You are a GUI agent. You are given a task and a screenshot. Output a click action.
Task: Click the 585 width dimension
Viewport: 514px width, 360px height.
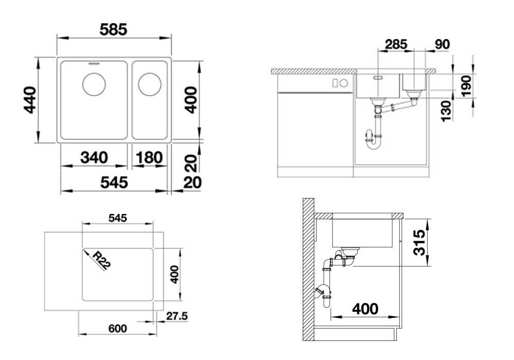point(113,30)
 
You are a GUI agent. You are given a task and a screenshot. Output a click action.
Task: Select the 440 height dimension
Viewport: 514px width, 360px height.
point(30,100)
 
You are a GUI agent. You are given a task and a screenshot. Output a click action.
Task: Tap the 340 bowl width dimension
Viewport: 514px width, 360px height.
point(94,158)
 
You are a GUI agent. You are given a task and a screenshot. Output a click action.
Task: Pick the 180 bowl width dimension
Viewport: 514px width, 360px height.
point(149,158)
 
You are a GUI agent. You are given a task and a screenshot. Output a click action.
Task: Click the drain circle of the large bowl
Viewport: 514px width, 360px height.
point(94,84)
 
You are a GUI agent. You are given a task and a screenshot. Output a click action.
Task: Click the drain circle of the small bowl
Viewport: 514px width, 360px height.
point(150,84)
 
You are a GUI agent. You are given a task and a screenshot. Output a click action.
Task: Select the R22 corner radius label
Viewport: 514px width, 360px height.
point(100,261)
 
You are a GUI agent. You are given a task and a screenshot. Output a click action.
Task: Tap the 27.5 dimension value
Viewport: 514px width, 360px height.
point(177,316)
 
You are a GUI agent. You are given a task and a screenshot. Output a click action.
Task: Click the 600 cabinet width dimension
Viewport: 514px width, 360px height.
point(118,328)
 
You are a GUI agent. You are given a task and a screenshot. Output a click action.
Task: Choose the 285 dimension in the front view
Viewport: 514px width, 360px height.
point(396,44)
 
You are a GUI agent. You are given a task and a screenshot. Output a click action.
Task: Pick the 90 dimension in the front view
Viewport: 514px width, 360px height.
point(442,44)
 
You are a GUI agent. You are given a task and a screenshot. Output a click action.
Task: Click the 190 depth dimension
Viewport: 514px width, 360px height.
point(466,85)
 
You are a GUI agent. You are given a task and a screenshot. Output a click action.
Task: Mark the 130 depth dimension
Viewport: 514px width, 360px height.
point(446,112)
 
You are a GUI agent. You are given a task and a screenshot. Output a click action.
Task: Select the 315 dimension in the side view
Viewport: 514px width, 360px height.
point(419,243)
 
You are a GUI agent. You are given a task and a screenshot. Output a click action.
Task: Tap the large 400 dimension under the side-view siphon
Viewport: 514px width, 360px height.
point(365,309)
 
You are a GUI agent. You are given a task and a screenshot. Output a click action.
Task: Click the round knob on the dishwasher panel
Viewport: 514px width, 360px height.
point(343,83)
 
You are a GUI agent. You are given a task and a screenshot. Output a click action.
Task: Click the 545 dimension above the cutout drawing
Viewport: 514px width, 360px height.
point(118,218)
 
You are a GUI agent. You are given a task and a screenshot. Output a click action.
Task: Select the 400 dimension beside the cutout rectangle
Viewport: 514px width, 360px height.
point(174,274)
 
